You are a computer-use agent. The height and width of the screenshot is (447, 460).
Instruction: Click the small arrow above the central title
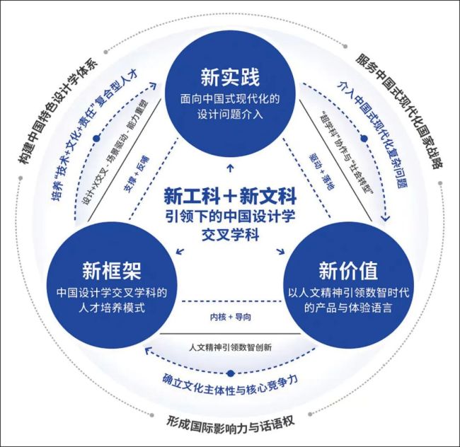229,169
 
